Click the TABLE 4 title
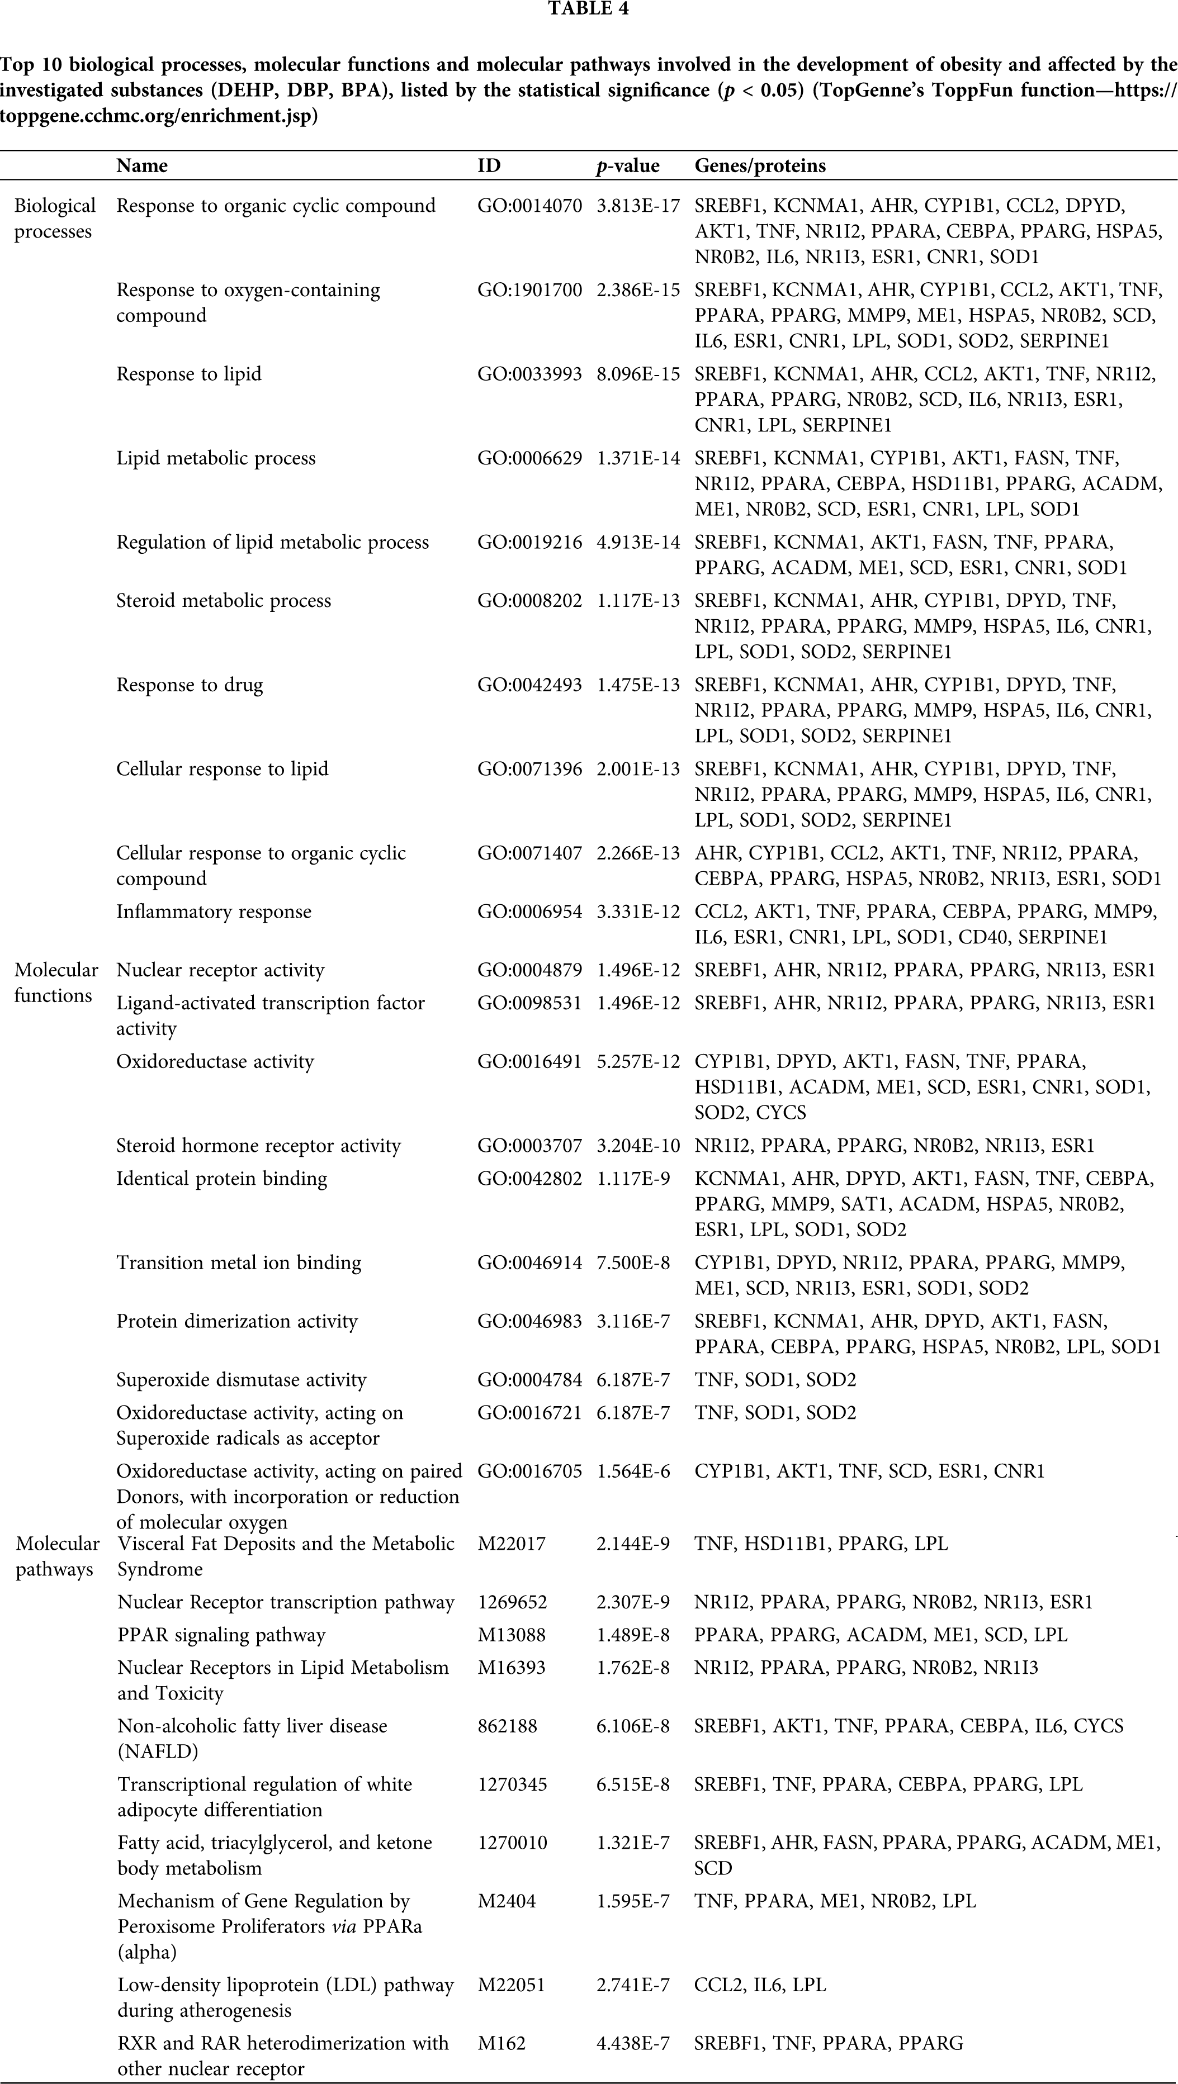pyautogui.click(x=588, y=9)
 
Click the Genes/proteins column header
pyautogui.click(x=760, y=166)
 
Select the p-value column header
pyautogui.click(x=628, y=166)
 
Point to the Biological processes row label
pyautogui.click(x=54, y=219)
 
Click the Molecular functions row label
pyautogui.click(x=56, y=982)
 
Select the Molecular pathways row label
pyautogui.click(x=58, y=1556)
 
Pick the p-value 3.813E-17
pyautogui.click(x=638, y=206)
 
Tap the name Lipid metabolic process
pyautogui.click(x=216, y=458)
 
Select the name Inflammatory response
pyautogui.click(x=214, y=911)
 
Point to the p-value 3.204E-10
pyautogui.click(x=638, y=1146)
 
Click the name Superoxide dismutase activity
pyautogui.click(x=241, y=1379)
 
